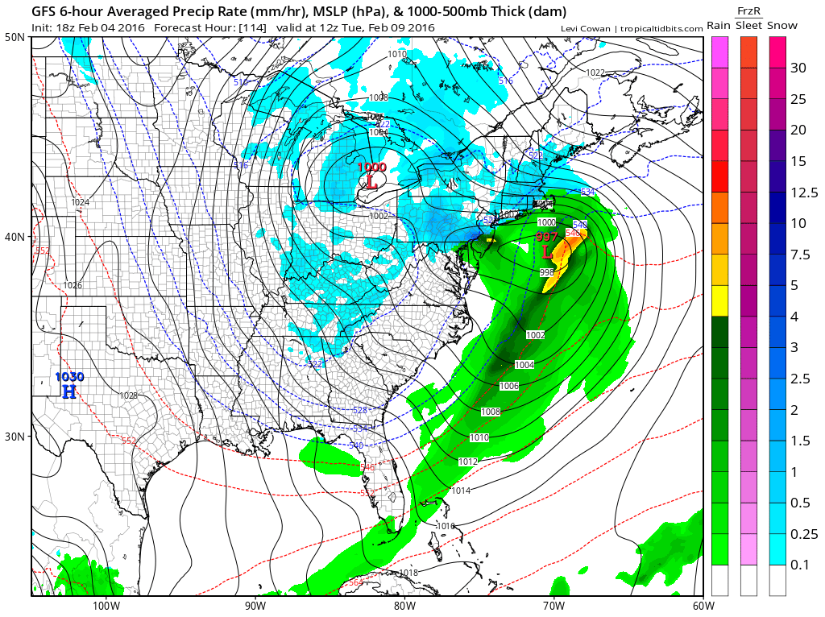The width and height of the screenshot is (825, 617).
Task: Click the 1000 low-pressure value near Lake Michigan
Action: [x=372, y=167]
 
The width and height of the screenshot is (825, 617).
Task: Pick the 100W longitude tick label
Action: [x=106, y=605]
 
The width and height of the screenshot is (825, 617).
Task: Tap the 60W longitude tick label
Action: [x=702, y=605]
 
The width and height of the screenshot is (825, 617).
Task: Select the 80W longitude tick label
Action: [x=404, y=605]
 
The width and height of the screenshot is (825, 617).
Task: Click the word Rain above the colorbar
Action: [x=719, y=26]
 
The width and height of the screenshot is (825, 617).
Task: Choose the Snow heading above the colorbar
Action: [x=781, y=26]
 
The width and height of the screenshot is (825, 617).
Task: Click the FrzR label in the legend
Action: [x=749, y=10]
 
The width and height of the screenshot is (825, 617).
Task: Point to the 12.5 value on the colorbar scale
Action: [x=804, y=192]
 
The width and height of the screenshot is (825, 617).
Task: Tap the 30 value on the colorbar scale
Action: [x=798, y=68]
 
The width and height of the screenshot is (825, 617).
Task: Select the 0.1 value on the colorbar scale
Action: [x=799, y=564]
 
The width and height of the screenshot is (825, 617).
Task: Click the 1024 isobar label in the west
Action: [x=80, y=202]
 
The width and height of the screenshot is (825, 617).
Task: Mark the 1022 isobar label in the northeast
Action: [x=595, y=72]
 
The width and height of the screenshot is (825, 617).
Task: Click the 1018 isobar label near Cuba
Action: [x=408, y=573]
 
